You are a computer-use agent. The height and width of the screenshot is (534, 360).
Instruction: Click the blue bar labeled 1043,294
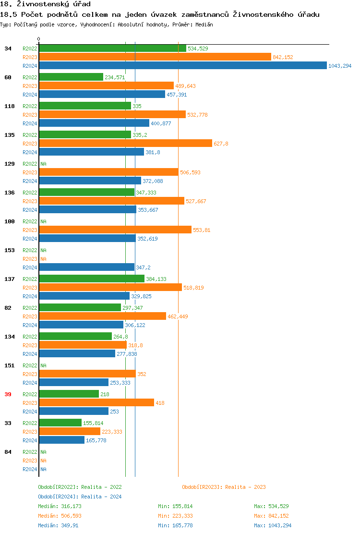183,66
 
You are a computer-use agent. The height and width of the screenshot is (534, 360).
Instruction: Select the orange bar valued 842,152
155,57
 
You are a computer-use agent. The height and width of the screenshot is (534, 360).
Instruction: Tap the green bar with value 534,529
112,49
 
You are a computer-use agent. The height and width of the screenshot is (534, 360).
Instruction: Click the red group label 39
8,394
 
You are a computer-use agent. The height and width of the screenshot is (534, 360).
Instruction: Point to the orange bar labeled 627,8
125,144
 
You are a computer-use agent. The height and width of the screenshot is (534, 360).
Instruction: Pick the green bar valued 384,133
92,279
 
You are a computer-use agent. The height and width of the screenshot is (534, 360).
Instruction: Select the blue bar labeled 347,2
87,267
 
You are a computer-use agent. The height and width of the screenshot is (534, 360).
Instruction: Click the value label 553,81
202,230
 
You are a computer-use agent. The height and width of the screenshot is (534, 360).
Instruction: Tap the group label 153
9,250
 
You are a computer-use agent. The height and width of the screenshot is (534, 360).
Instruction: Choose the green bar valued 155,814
60,423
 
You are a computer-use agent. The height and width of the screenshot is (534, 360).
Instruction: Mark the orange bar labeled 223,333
70,432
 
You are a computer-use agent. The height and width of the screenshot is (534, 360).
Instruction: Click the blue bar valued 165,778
62,440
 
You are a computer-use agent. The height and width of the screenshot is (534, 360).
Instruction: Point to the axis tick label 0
39,39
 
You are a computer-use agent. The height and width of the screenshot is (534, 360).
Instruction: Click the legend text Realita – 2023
246,487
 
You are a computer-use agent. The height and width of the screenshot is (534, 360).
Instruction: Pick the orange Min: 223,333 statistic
175,516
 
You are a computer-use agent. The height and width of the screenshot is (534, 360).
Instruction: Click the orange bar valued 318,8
83,345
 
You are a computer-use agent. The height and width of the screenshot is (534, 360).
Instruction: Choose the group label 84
8,452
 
